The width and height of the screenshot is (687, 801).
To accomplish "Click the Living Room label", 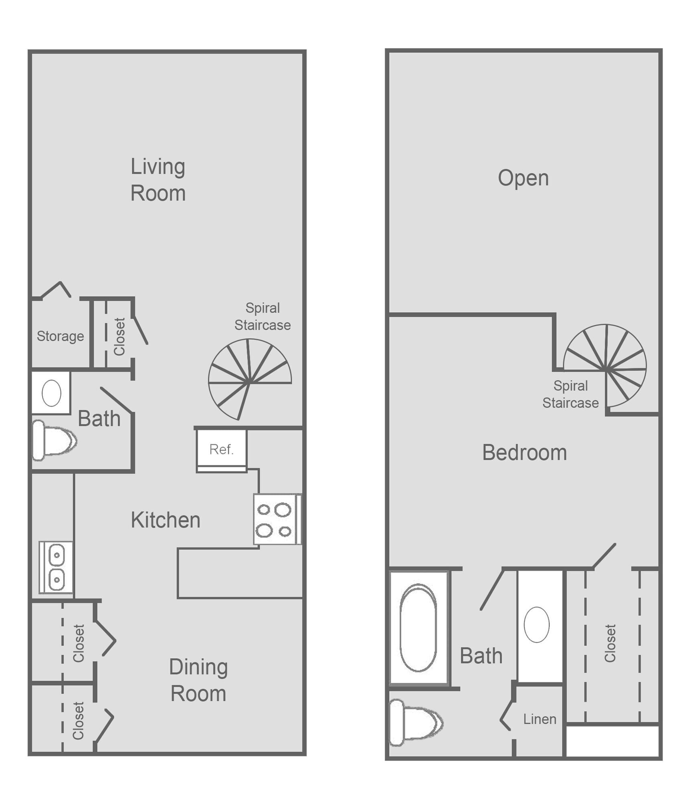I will click(158, 180).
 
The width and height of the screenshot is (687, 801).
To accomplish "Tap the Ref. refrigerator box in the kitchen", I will click(221, 449).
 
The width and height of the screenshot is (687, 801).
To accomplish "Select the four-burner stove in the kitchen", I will click(275, 519).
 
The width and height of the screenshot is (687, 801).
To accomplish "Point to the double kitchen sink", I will click(56, 567).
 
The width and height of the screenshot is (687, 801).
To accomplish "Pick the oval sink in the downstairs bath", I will click(51, 393).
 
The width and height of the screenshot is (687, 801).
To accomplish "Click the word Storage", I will click(60, 336).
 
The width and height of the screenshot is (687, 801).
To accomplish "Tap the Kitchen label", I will click(166, 520).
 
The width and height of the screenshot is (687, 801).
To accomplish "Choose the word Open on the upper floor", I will click(523, 178).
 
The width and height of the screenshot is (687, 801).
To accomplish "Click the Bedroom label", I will click(524, 453).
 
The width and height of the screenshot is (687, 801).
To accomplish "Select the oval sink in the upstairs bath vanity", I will click(536, 624).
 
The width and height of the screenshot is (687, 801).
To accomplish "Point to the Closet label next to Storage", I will click(119, 336).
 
